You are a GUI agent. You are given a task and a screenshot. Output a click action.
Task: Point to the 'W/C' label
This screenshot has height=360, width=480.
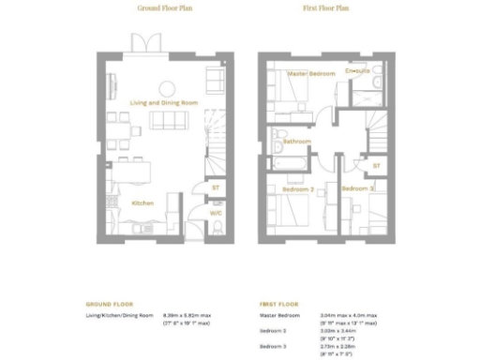point(216,212)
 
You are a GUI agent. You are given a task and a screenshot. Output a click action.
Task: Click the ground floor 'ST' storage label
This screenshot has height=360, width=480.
point(216,187)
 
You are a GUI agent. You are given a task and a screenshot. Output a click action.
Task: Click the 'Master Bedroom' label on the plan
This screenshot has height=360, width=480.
point(309,72)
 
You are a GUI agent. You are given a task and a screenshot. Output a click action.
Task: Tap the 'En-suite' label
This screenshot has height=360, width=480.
point(357,69)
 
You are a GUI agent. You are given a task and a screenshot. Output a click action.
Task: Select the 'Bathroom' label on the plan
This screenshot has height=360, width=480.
point(297,142)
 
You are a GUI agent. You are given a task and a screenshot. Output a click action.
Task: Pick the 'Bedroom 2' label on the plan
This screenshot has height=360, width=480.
point(298,189)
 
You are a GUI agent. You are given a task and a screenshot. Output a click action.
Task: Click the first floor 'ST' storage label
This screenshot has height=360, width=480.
point(375,165)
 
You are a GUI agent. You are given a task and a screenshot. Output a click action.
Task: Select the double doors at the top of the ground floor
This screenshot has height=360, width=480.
point(142,43)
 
